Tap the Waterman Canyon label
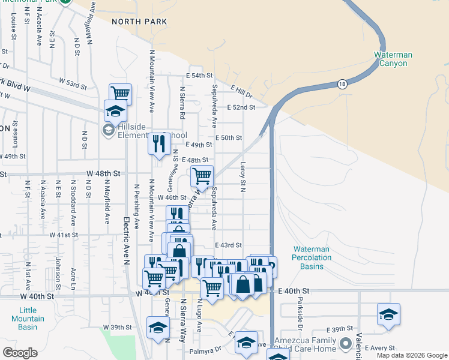(393, 59)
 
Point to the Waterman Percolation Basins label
(312, 257)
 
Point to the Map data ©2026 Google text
(412, 355)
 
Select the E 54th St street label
(199, 76)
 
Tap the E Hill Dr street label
(240, 91)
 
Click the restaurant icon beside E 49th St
(158, 144)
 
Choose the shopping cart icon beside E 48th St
(202, 176)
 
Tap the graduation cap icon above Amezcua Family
(388, 314)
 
